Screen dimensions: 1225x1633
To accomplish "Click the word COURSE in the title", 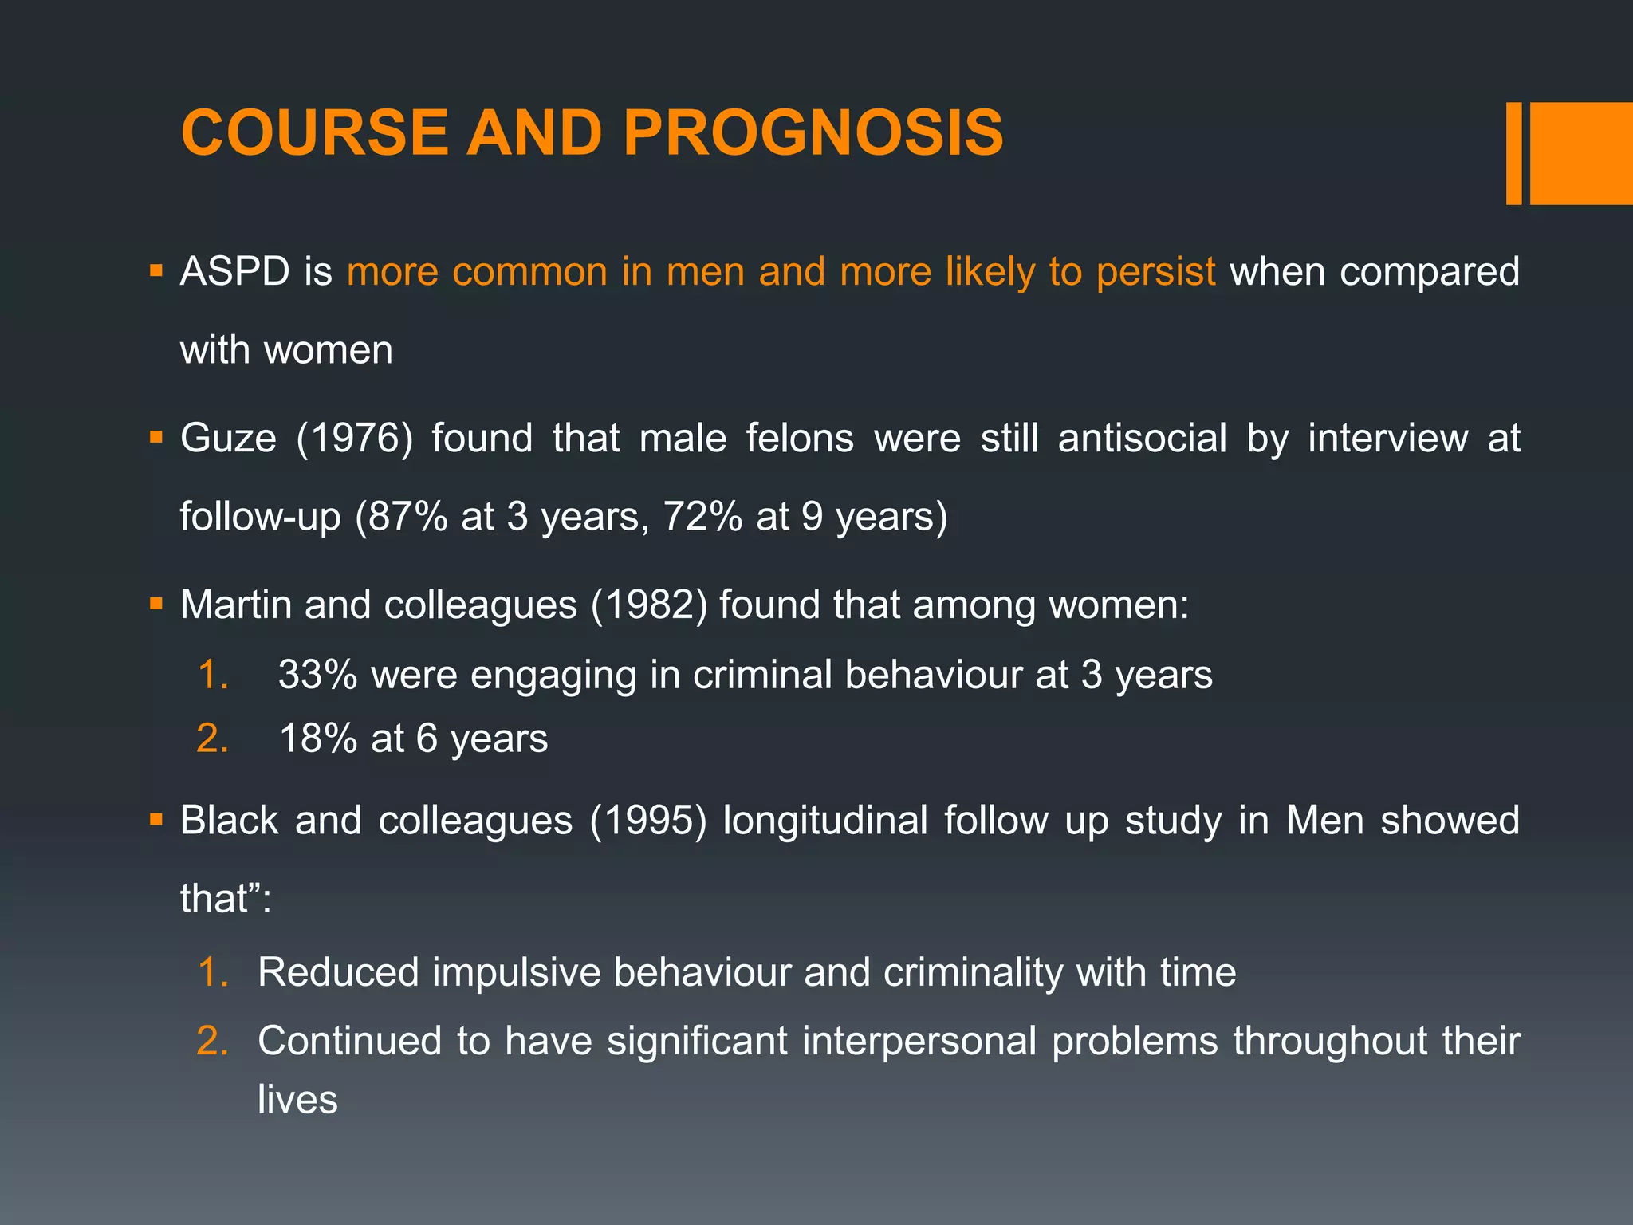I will click(315, 132).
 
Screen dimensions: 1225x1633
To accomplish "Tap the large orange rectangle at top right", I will click(1580, 153).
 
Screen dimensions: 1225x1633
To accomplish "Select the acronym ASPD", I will click(234, 272).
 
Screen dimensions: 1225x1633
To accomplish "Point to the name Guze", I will click(228, 439).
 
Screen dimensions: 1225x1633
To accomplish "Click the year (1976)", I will click(355, 439).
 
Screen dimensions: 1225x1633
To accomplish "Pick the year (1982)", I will click(649, 605).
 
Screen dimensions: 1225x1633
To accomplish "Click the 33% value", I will click(317, 676).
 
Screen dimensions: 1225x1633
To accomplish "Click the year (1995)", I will click(647, 821).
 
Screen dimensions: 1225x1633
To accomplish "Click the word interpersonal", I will click(919, 1042).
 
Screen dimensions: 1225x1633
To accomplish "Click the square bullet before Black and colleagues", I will click(155, 820).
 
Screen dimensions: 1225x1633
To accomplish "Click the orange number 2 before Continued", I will click(211, 1042).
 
